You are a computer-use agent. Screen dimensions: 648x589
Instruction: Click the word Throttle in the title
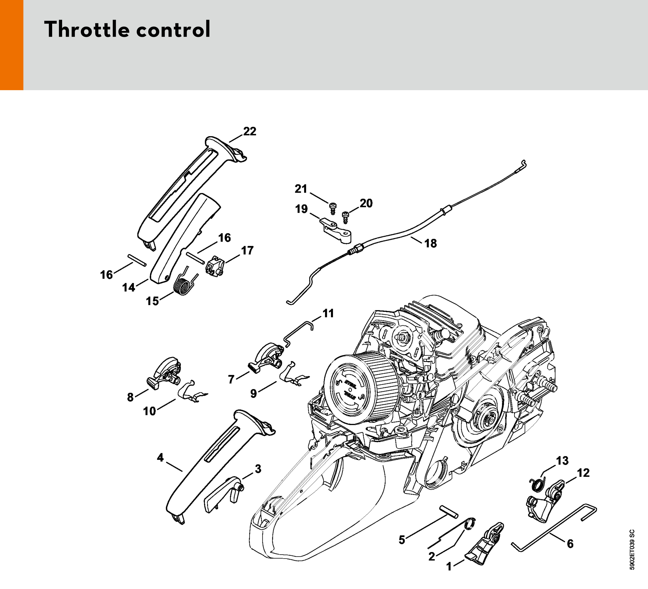pos(87,29)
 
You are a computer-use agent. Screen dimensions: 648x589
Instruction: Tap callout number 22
pos(250,131)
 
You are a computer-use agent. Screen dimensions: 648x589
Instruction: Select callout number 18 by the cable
pos(431,244)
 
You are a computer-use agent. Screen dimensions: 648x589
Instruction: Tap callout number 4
pos(160,457)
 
